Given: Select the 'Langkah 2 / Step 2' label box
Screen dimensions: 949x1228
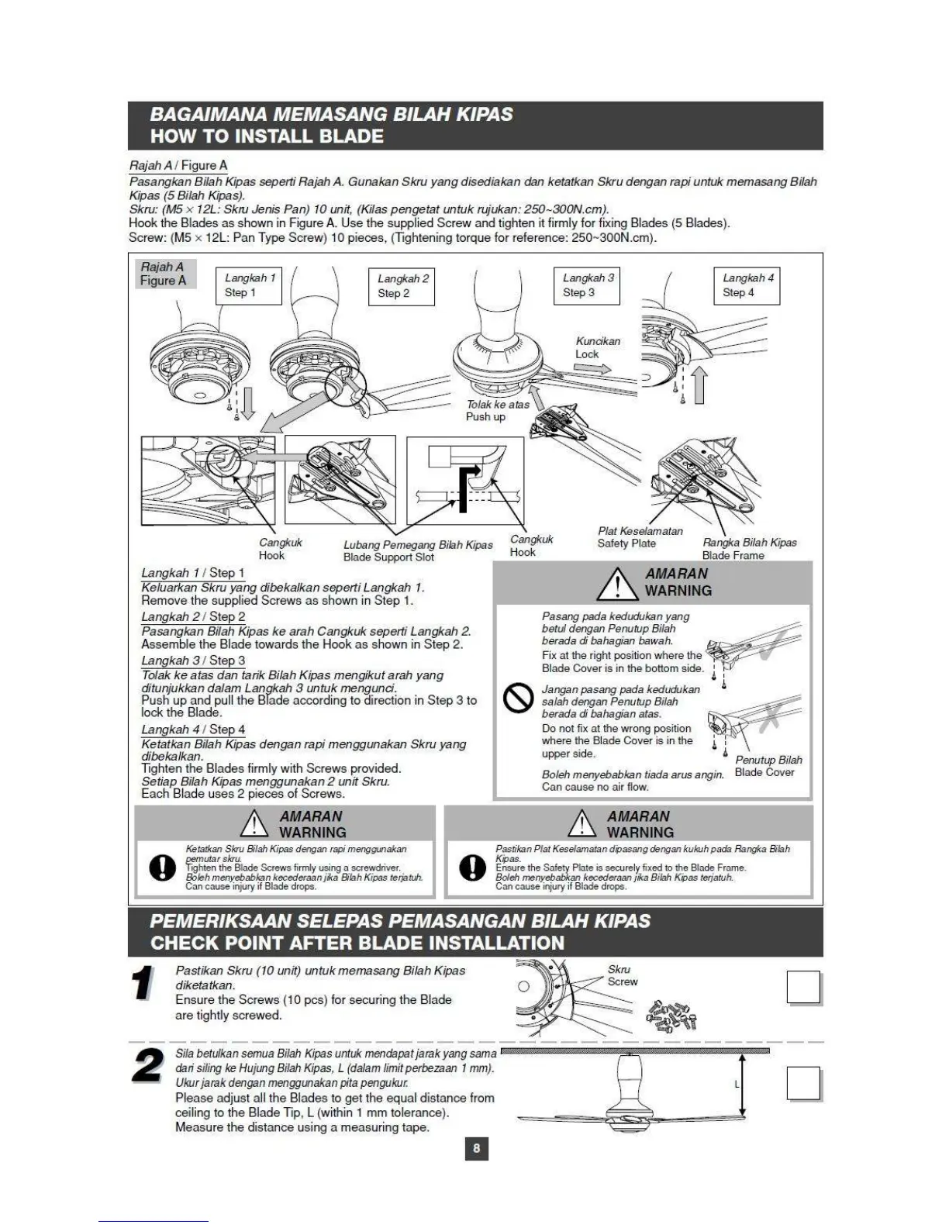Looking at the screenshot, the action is click(x=401, y=286).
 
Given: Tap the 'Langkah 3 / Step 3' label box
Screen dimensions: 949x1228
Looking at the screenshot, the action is click(x=587, y=285).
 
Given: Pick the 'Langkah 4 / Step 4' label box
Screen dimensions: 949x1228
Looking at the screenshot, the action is click(x=746, y=285).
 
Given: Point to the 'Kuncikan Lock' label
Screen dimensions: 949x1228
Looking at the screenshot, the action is click(x=597, y=347).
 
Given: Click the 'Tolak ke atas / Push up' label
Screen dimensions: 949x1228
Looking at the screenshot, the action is click(x=496, y=411).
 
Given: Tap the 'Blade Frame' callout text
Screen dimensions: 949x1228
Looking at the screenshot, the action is click(x=733, y=555).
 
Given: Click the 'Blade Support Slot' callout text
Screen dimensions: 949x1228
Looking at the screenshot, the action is click(x=388, y=557).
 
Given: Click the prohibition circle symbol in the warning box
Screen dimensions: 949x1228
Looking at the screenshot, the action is click(x=518, y=699).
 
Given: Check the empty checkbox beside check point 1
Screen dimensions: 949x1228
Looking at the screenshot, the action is click(x=803, y=988).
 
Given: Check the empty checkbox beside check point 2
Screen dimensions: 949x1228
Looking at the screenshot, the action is click(x=803, y=1083).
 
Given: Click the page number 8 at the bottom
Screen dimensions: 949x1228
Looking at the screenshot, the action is click(x=476, y=1148).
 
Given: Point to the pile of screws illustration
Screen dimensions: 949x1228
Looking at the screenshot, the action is click(x=670, y=1016).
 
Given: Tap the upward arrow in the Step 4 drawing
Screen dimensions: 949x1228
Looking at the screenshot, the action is click(x=699, y=385).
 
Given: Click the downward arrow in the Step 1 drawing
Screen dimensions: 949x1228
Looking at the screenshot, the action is click(x=247, y=403).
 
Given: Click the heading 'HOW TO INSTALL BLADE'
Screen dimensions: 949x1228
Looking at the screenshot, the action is click(x=267, y=136).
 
